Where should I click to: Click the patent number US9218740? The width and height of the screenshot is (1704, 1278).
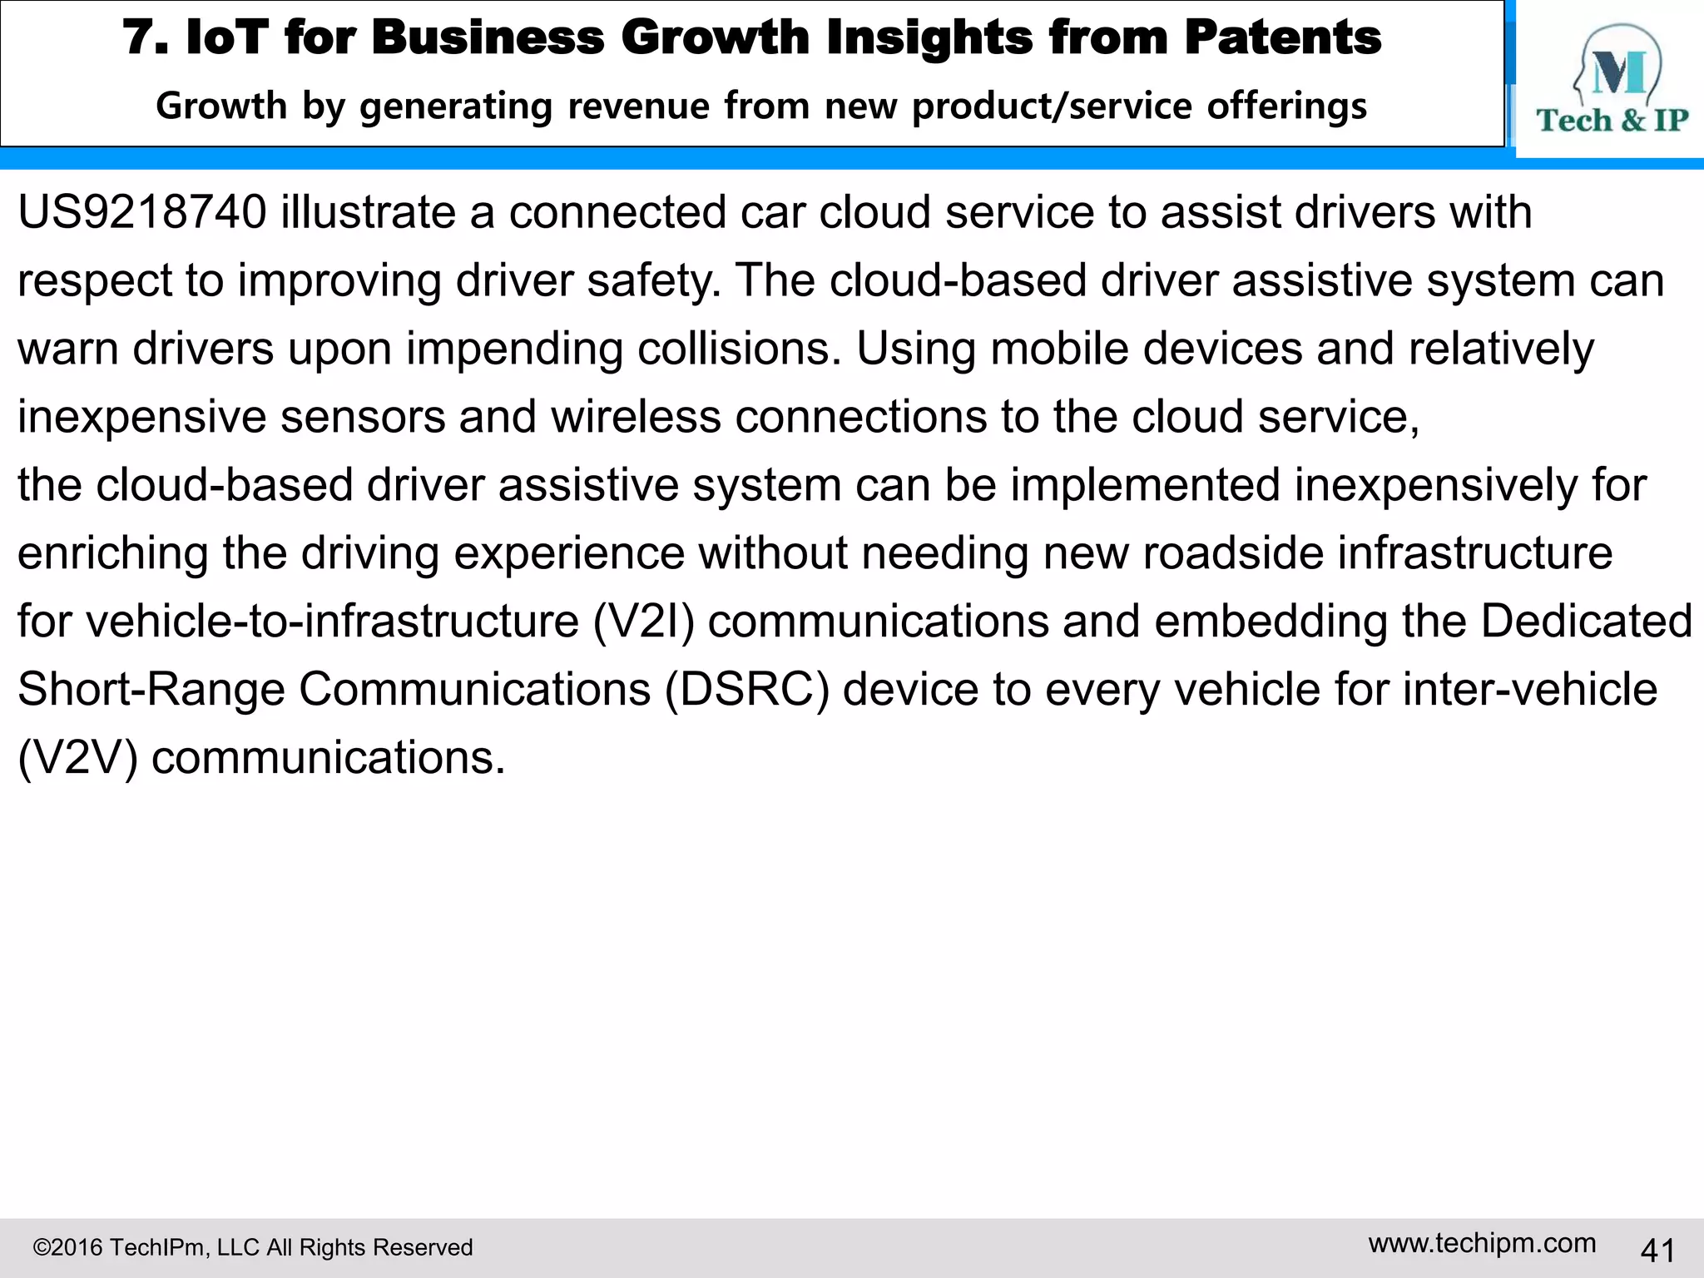[x=142, y=212]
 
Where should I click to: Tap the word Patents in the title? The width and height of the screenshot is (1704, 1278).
[x=1282, y=37]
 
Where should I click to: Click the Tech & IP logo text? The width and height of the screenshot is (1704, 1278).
[x=1612, y=121]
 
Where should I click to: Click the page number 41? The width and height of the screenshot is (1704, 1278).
[x=1657, y=1250]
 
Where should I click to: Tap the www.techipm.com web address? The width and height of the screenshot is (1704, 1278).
[x=1482, y=1243]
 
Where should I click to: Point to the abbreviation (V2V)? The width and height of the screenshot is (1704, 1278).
[x=77, y=758]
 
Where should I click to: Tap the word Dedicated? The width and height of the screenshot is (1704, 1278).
[x=1586, y=622]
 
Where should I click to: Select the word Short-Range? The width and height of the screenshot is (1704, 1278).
[x=151, y=690]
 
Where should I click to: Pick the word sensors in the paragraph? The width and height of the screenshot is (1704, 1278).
[x=362, y=417]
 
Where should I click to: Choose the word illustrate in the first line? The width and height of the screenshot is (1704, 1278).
[x=368, y=212]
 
